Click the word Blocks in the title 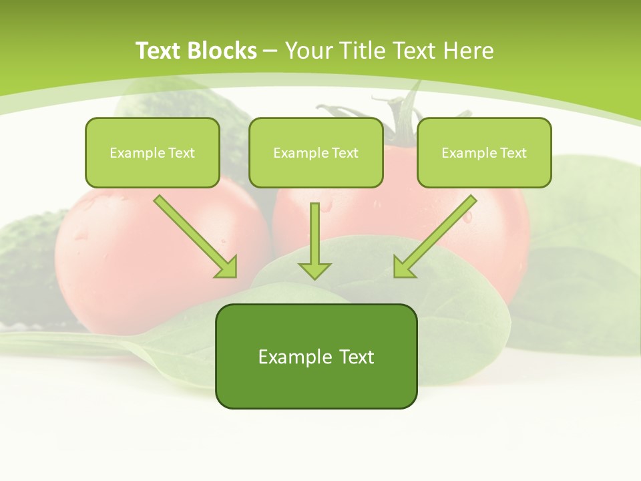point(222,51)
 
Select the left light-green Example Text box point(152,152)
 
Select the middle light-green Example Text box point(316,152)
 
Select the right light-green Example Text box point(484,152)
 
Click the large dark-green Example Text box point(316,356)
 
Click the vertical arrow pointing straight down point(314,240)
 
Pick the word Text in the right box point(512,153)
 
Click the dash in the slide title point(270,51)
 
